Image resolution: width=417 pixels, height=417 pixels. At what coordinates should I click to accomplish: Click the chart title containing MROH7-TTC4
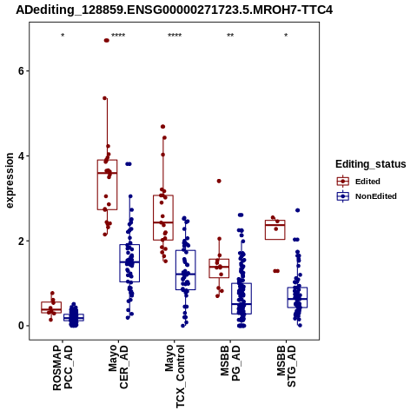175,10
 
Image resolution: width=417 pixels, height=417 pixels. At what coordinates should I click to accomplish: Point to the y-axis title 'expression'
10,181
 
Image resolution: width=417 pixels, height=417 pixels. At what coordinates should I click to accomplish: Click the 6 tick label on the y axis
21,71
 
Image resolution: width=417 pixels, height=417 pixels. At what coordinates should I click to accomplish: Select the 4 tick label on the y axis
21,156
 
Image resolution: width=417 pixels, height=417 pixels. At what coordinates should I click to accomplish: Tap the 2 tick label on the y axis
21,241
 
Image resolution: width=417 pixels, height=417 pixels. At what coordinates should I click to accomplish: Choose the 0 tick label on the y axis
21,326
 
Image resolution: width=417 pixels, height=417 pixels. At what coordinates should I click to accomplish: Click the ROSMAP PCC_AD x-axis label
63,367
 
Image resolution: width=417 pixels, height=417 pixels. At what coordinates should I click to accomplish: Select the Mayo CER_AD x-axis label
118,367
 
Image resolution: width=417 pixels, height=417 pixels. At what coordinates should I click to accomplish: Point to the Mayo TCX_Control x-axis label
175,376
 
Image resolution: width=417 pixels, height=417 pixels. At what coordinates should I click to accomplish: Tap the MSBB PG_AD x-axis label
230,363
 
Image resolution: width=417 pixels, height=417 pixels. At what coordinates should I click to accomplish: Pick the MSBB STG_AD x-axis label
286,366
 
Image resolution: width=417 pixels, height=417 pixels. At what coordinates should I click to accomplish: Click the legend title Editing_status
371,164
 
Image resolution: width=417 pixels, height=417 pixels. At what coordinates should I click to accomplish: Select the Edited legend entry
359,182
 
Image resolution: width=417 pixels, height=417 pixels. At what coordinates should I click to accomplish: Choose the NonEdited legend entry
367,196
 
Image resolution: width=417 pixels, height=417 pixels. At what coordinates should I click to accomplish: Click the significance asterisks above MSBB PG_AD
230,36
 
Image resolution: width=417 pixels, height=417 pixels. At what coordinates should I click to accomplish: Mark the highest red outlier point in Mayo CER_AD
107,41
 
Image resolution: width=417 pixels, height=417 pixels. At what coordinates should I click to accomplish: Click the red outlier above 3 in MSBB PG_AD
219,181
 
